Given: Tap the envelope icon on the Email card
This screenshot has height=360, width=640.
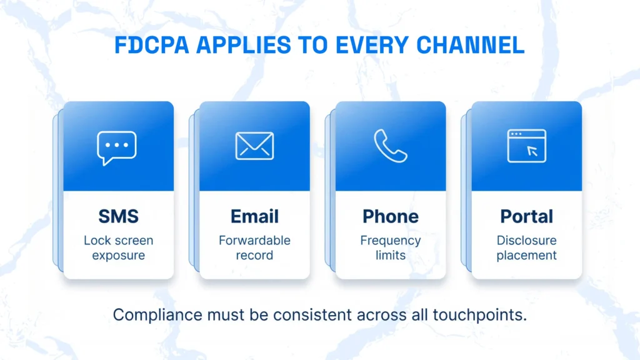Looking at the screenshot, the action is click(x=255, y=146).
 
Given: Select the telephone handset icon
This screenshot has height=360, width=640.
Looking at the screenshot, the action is click(x=390, y=146).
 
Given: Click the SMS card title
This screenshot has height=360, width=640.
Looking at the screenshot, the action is click(x=118, y=216).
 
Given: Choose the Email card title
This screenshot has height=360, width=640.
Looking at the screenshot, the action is click(x=255, y=216).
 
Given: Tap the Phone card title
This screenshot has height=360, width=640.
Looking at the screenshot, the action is click(x=391, y=216).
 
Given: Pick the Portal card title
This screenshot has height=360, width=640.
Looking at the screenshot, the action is click(x=526, y=216).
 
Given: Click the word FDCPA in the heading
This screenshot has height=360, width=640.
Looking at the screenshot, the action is click(x=152, y=45).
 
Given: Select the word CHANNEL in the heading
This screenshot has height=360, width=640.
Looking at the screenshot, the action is click(x=470, y=45).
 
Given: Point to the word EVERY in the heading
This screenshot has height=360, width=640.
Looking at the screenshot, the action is click(x=372, y=45).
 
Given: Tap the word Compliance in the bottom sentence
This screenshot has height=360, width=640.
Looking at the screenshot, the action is click(x=157, y=315).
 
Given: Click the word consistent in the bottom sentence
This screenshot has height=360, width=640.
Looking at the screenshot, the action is click(x=312, y=315).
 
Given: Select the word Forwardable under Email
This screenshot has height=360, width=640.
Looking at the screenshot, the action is click(x=255, y=241).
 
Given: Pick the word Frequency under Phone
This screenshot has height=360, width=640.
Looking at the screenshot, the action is click(x=391, y=241).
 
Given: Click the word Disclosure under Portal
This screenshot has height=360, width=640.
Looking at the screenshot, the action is click(x=526, y=241).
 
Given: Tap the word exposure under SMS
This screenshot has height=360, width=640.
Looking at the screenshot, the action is click(x=118, y=256).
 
